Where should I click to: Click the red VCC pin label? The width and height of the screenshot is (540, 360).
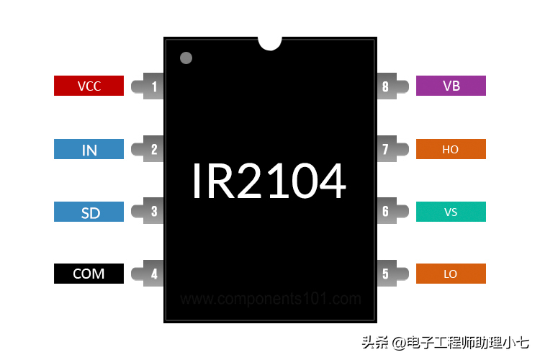click(89, 86)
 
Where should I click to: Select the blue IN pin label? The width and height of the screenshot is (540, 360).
click(89, 149)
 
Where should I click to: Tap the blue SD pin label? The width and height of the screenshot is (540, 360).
click(89, 212)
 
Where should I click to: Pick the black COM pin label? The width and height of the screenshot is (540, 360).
click(89, 274)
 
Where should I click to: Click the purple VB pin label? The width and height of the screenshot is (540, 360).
click(451, 86)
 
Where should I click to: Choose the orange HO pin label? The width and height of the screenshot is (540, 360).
click(451, 149)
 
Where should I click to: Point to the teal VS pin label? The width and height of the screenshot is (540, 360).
click(451, 212)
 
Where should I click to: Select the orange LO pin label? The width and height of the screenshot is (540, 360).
click(451, 274)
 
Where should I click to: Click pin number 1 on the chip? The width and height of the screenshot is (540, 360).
click(154, 87)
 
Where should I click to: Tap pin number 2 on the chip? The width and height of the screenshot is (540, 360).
click(154, 150)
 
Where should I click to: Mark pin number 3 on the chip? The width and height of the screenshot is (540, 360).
click(154, 212)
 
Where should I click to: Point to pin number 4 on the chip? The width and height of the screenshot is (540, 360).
click(154, 274)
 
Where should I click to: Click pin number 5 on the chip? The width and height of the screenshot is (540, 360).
click(386, 274)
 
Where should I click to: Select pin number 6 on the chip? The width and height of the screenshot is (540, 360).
click(386, 212)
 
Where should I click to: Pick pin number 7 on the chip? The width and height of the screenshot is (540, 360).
click(386, 150)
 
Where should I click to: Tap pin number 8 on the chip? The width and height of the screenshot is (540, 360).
click(386, 87)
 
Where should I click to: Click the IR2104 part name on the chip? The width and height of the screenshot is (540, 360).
click(269, 181)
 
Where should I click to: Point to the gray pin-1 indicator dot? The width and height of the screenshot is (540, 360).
click(186, 58)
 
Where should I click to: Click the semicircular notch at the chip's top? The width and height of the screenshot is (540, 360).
click(269, 42)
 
